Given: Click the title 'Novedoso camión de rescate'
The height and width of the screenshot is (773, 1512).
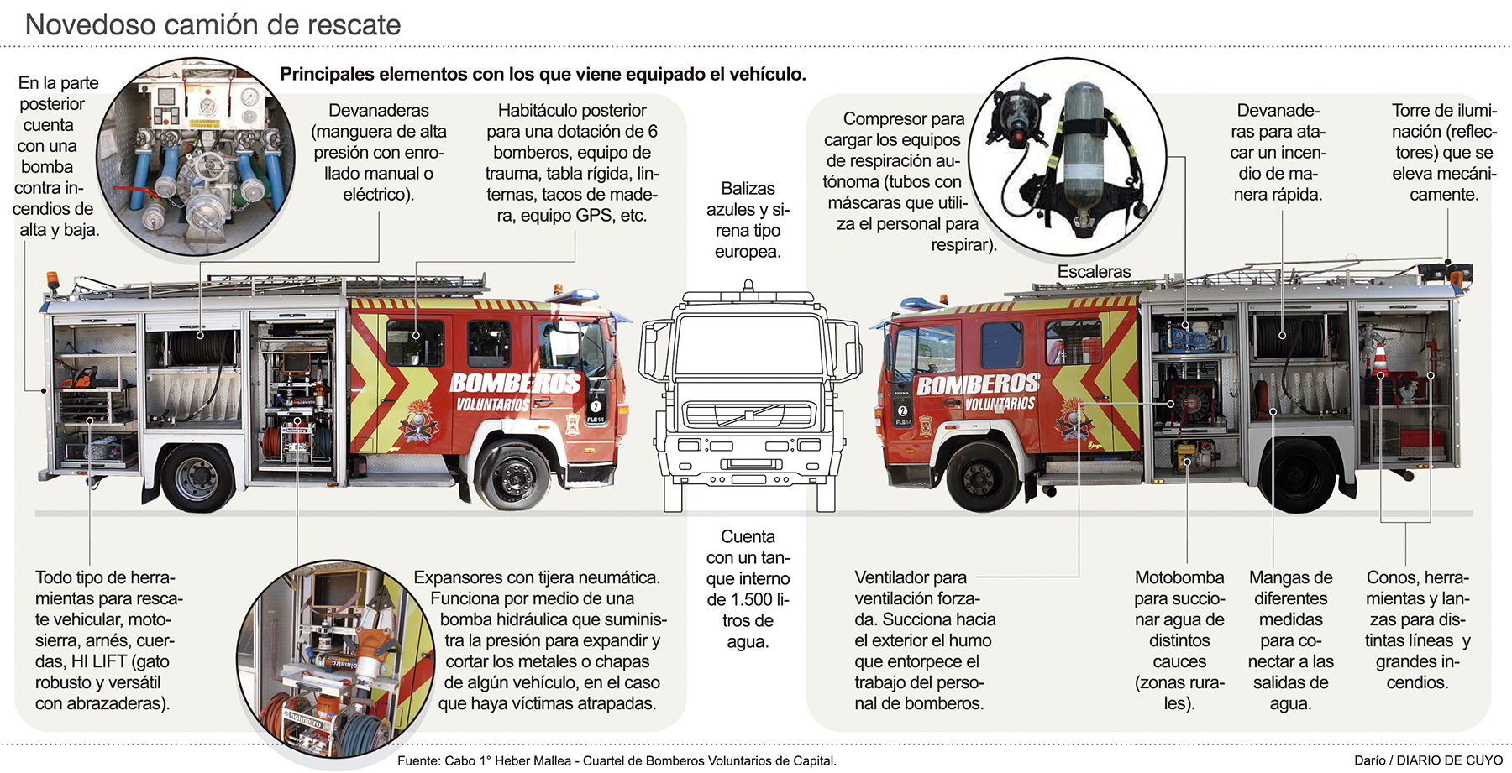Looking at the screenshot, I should (213, 24).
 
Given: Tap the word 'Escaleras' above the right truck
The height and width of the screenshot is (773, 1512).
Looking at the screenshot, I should (1094, 272).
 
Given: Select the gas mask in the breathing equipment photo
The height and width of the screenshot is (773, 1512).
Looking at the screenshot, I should (1018, 117).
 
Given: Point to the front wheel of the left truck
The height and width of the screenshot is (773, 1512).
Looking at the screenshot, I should (512, 477).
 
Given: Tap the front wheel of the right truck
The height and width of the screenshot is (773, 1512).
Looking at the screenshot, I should (979, 477).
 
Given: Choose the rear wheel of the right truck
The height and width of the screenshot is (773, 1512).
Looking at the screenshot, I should (1299, 474).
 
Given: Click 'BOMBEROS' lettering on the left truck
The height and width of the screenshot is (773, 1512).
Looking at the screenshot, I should (515, 384).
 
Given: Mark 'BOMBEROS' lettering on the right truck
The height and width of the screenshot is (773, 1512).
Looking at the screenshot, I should (978, 384).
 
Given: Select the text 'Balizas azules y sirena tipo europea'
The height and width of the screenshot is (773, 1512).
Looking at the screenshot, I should (748, 220).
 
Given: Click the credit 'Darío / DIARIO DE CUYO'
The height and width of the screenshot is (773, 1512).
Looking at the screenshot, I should (1428, 760).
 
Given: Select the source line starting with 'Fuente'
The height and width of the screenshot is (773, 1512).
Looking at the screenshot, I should (617, 761).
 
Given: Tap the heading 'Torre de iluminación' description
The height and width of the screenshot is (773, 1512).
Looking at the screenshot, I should (1444, 152).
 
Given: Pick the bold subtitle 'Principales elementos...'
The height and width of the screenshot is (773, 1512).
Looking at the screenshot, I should (543, 74).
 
